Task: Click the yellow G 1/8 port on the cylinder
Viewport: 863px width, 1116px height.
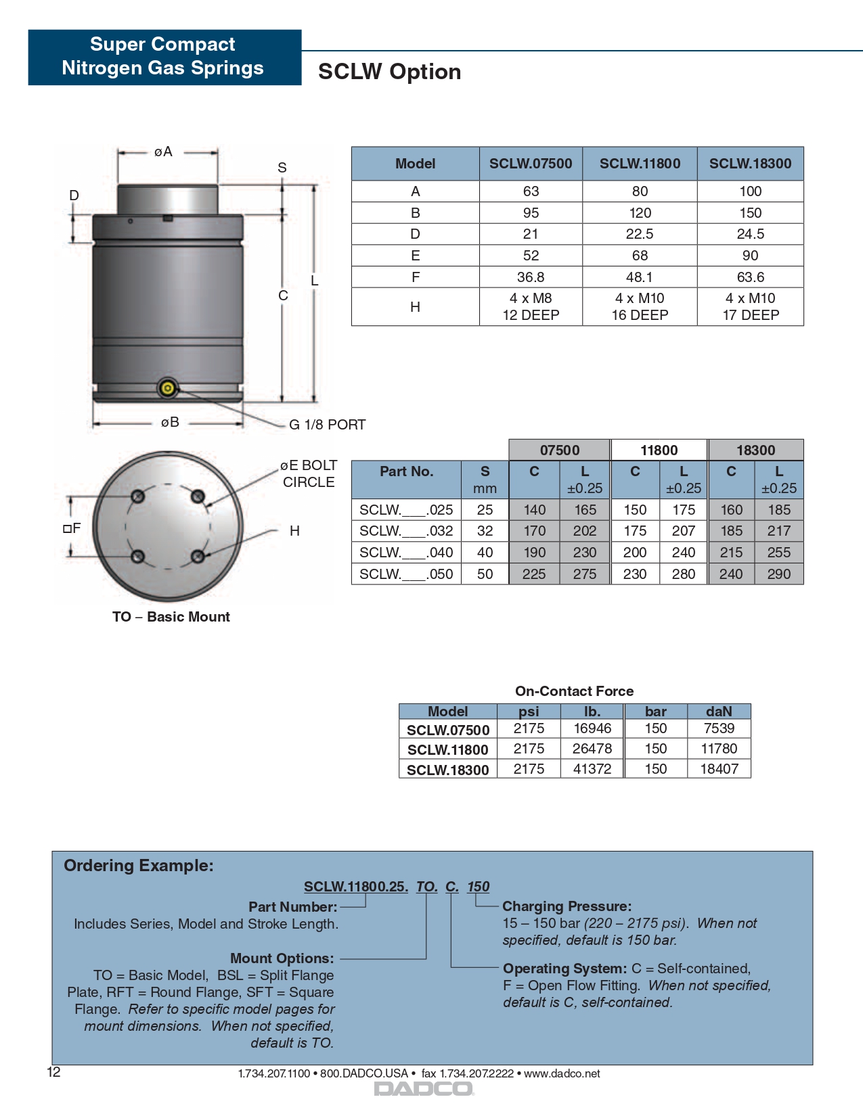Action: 167,388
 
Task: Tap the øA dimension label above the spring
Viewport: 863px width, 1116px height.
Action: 163,152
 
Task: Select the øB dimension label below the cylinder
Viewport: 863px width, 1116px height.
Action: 170,423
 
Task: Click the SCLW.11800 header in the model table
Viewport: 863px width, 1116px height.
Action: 640,164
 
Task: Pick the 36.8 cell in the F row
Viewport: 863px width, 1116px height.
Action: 531,277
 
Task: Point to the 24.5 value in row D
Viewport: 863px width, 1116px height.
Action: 750,234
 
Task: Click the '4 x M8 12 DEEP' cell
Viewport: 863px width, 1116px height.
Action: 531,307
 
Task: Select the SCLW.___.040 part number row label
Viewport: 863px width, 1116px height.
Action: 406,553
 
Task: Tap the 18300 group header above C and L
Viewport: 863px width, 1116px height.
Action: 755,450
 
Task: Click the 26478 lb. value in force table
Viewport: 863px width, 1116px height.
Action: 592,749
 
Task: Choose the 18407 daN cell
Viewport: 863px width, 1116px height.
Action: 719,769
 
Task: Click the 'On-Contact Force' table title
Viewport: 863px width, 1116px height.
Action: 574,691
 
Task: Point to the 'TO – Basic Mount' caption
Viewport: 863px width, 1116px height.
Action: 171,617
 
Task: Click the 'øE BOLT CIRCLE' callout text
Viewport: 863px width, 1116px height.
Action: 309,473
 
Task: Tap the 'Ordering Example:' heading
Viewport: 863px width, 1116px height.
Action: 139,866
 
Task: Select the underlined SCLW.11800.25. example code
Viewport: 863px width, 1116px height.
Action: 356,887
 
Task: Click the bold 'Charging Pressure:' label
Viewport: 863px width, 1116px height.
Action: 567,906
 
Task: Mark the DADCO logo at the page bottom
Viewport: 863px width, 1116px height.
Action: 424,1089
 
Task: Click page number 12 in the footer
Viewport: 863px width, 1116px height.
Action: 53,1072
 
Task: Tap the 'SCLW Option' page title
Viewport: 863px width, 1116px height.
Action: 390,72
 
